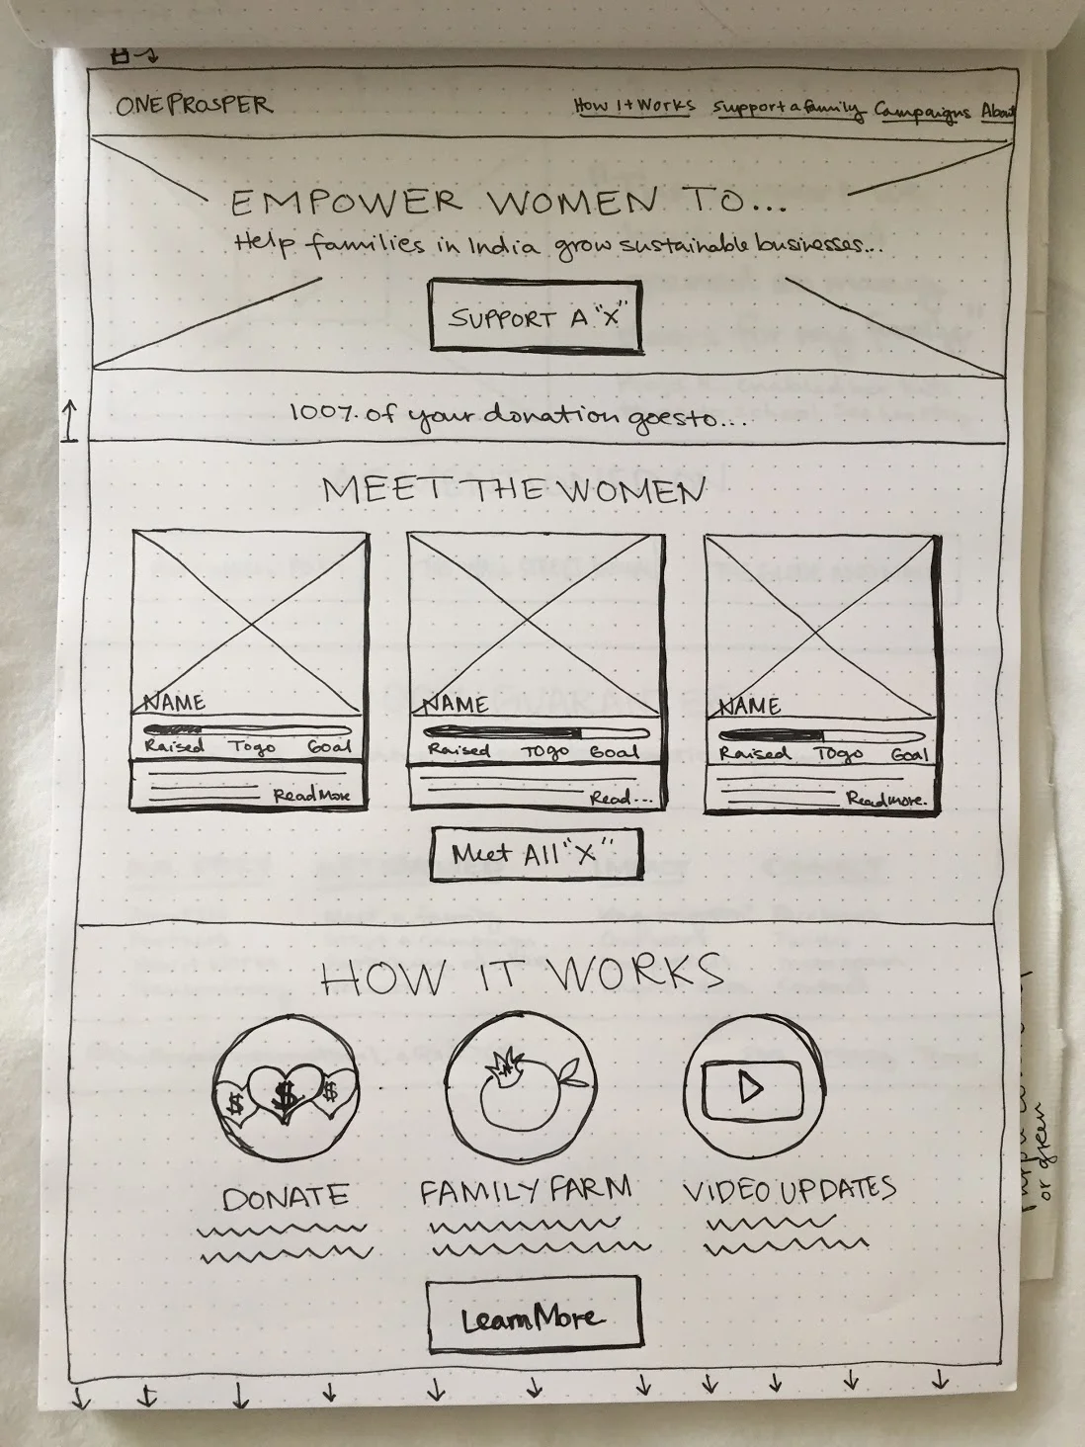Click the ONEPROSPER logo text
(x=193, y=105)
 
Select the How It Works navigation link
(x=634, y=106)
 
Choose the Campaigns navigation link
(x=923, y=112)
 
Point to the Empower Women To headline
(x=509, y=203)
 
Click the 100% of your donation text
(x=517, y=415)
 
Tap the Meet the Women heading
(x=514, y=489)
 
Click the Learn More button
(x=534, y=1318)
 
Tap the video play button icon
(x=751, y=1087)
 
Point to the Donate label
(x=286, y=1198)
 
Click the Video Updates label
(x=789, y=1189)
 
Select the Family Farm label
(x=525, y=1191)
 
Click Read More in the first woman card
(x=311, y=796)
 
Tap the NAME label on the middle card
(x=456, y=704)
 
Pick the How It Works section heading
(x=522, y=976)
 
